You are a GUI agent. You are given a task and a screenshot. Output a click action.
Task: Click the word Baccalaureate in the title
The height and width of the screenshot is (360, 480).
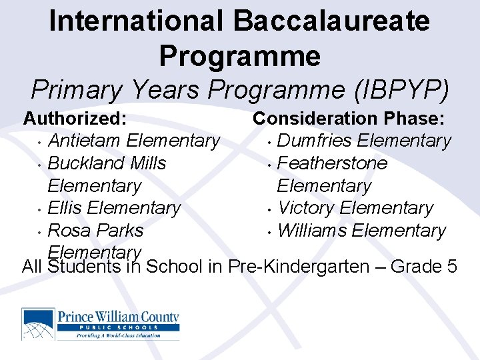[x=331, y=21]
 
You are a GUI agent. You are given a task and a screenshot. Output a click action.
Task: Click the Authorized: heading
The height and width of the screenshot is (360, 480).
[x=75, y=119]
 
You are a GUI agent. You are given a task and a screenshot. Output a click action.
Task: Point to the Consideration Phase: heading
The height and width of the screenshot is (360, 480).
[x=349, y=119]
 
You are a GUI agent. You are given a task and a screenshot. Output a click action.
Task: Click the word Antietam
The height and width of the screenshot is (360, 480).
[x=85, y=141]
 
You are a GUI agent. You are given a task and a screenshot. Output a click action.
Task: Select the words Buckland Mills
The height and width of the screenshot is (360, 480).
[x=107, y=163]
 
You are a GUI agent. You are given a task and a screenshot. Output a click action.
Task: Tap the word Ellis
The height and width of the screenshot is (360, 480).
[x=65, y=208]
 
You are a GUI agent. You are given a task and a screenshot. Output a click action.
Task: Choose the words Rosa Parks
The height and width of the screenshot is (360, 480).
[x=95, y=231]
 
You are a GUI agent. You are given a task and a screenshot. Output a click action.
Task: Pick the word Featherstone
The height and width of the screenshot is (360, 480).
[x=331, y=163]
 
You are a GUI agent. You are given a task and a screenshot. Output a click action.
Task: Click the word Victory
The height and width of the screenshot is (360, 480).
[x=305, y=208]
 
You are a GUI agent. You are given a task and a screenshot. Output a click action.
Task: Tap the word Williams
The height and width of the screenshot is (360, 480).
[x=311, y=231]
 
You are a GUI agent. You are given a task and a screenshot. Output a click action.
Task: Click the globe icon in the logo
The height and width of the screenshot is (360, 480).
[x=39, y=324]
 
